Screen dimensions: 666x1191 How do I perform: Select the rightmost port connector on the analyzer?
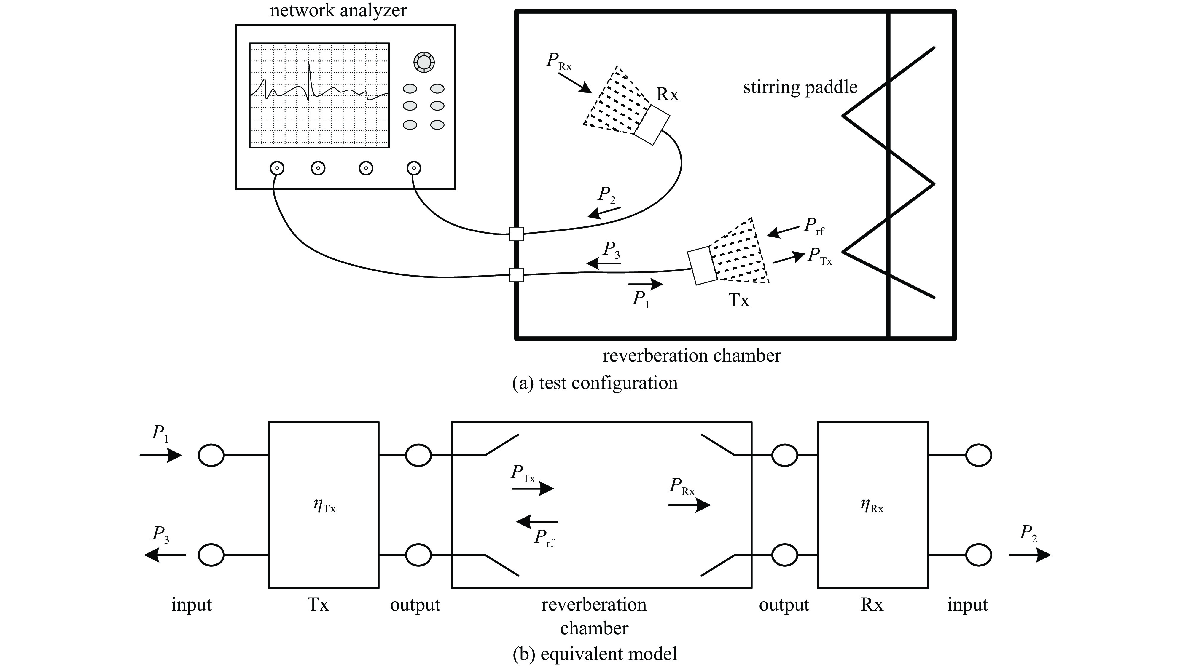click(x=413, y=168)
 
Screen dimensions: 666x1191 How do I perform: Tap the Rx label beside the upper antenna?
click(x=668, y=95)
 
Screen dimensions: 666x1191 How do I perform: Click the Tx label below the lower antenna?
click(x=739, y=301)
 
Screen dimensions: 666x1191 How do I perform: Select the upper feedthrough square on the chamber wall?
click(x=516, y=234)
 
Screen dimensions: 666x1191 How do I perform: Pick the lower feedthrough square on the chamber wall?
click(x=516, y=275)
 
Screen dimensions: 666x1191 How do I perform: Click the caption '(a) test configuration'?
click(x=595, y=383)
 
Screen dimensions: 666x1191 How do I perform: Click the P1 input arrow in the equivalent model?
click(x=161, y=455)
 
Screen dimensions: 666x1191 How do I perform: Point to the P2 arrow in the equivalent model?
click(x=1030, y=555)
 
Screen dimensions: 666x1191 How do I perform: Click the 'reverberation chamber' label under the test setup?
click(x=692, y=356)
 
